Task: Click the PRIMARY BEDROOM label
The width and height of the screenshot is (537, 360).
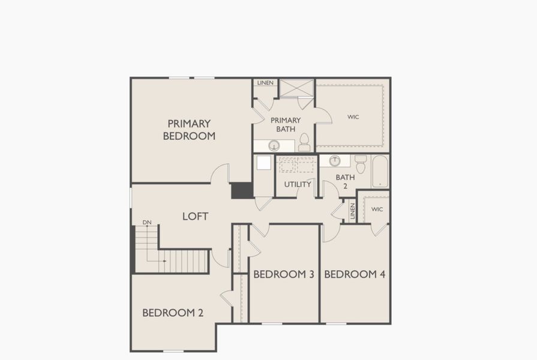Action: coord(189,130)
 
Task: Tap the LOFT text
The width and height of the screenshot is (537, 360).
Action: coord(195,216)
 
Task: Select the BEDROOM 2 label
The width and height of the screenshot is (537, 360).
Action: coord(173,313)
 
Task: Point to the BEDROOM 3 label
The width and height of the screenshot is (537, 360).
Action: coord(284,274)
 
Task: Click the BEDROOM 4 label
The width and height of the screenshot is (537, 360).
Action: coord(355,274)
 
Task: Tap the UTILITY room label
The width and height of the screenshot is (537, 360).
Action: coord(298,184)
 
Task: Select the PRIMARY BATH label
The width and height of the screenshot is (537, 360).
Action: coord(285,124)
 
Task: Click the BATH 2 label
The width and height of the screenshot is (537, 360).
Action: coord(345,181)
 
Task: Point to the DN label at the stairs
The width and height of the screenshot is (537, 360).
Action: coord(147,223)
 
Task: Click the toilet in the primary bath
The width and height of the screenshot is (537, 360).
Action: coord(304,143)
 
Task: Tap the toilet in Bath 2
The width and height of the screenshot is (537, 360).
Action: coord(361,163)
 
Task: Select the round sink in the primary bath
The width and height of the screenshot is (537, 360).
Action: coord(274,145)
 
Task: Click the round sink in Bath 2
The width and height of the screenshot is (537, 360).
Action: coord(335,160)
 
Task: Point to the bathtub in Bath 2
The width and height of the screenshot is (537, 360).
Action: coord(380,172)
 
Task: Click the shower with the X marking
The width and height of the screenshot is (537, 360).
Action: coord(297,88)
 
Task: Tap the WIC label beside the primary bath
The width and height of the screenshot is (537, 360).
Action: coord(353,117)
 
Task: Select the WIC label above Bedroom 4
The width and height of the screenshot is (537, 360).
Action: coord(377,209)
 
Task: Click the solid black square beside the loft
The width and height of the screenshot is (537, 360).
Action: coord(242,190)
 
